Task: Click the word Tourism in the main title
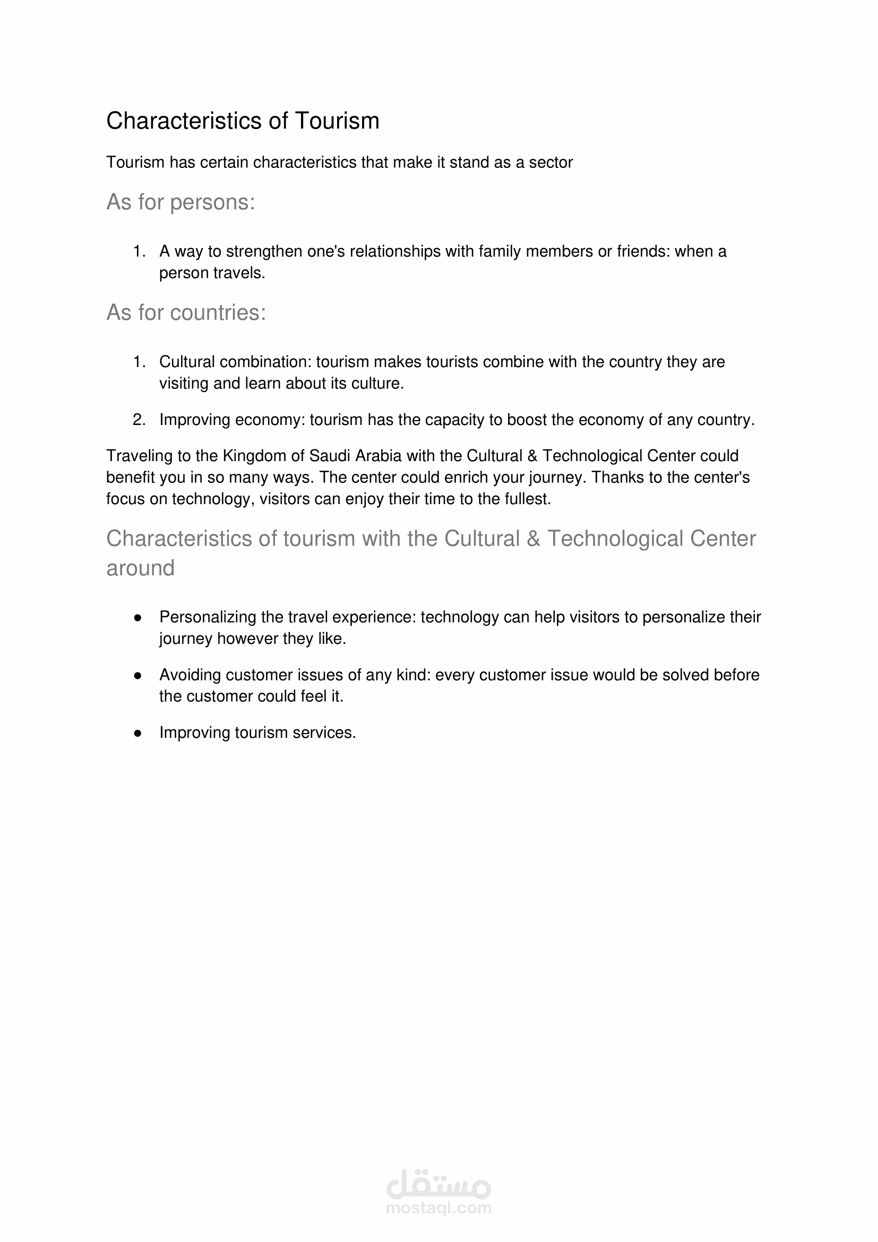click(x=337, y=121)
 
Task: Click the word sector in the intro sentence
click(x=550, y=162)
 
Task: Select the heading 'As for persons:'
click(x=180, y=202)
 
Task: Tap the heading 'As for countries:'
click(x=186, y=312)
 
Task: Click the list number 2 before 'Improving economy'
click(x=139, y=420)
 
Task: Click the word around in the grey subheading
click(x=141, y=568)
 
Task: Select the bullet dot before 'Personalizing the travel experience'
click(x=138, y=618)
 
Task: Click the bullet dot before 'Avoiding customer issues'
click(x=138, y=676)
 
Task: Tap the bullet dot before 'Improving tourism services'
click(x=138, y=734)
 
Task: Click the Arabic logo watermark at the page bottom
click(x=438, y=1185)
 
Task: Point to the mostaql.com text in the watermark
click(x=438, y=1209)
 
